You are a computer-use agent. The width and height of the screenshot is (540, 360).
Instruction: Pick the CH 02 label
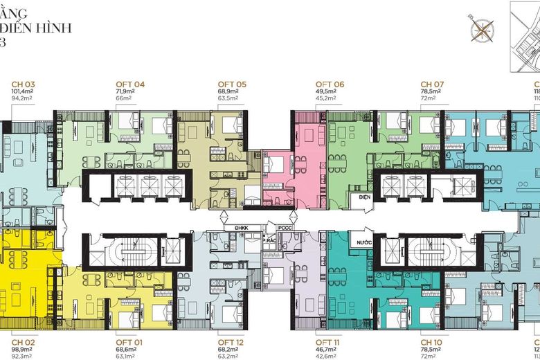point(24,342)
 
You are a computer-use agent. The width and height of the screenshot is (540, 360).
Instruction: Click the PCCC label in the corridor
point(285,226)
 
